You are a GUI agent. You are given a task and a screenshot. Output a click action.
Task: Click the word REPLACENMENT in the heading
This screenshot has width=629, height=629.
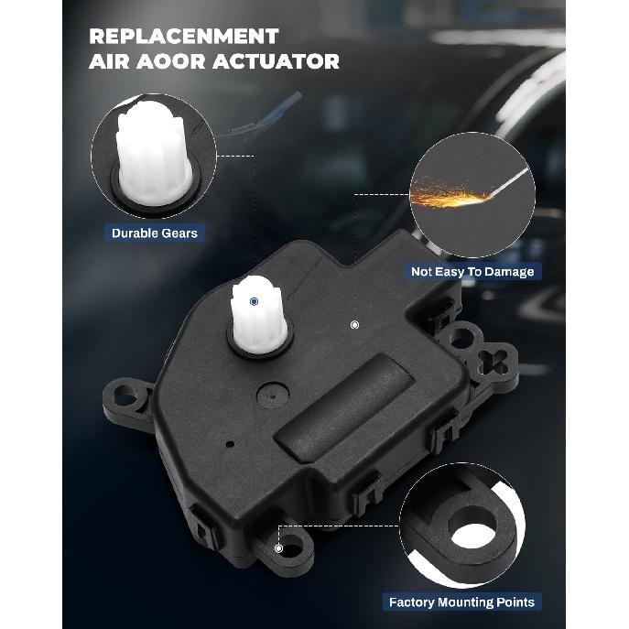pos(183,37)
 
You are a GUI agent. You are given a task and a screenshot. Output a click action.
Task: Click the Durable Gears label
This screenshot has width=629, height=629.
pos(154,233)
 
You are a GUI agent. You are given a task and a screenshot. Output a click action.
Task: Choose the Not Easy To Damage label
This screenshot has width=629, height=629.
pos(472,272)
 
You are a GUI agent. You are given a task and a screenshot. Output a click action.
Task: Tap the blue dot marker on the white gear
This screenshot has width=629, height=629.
pos(254,299)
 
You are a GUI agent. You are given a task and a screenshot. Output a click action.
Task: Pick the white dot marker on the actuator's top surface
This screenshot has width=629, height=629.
pos(354,324)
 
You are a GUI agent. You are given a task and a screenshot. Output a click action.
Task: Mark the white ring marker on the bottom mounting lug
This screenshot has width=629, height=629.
pos(279,548)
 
